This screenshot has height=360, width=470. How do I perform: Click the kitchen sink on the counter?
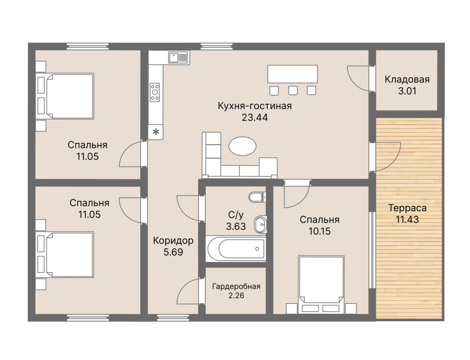(178, 58)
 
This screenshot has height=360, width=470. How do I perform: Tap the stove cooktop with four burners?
(155, 92)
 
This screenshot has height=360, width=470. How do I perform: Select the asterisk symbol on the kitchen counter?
(156, 132)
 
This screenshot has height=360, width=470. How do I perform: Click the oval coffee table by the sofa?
(242, 146)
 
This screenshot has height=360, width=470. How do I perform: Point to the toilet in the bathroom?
(257, 197)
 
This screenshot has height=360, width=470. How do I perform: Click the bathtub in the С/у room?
(236, 248)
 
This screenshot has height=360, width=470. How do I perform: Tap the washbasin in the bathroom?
(260, 224)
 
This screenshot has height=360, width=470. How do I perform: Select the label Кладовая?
(407, 79)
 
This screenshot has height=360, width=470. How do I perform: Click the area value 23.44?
(255, 118)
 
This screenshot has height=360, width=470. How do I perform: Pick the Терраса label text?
(407, 208)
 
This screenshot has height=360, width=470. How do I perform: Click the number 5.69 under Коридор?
(173, 252)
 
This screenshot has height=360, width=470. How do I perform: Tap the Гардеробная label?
(236, 287)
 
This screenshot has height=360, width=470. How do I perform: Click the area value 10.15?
(320, 231)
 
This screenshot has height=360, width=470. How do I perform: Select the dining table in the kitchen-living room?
(293, 74)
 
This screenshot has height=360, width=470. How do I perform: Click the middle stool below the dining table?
(293, 91)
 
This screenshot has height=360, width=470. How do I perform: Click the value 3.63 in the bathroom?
(236, 227)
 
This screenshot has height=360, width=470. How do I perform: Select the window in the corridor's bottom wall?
(173, 318)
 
